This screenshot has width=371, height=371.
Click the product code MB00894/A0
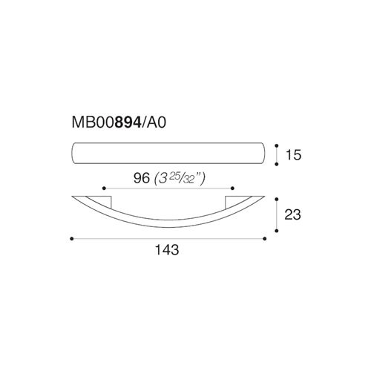coord(119,122)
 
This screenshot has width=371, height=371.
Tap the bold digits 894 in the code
coord(128,122)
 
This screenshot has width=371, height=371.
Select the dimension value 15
coord(293,155)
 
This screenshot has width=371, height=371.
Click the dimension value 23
coord(293,214)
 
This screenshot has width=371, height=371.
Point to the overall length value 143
coord(167,249)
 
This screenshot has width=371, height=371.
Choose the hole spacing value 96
coord(142,178)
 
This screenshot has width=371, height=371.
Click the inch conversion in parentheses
coord(180,179)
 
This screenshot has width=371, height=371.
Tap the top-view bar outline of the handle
coord(168,142)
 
